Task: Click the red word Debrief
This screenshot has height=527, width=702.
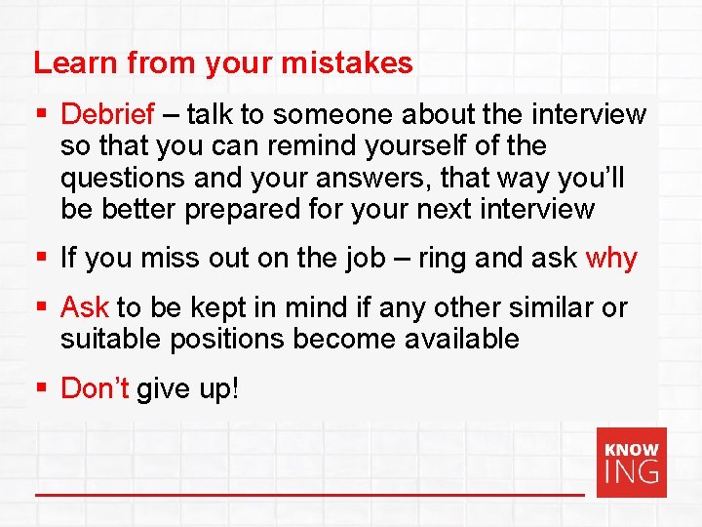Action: pos(107,114)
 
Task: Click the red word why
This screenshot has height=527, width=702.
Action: pos(611,259)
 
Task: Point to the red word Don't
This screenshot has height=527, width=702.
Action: pos(95,388)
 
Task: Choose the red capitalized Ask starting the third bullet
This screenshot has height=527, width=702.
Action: pos(84,307)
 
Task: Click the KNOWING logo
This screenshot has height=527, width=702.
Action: pos(632,462)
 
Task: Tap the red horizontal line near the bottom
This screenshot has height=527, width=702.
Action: pos(309,495)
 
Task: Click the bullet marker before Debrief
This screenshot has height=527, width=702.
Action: pos(41,115)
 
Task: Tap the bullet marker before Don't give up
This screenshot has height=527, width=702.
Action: pos(41,389)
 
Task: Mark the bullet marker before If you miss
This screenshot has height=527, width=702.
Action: pos(41,260)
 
